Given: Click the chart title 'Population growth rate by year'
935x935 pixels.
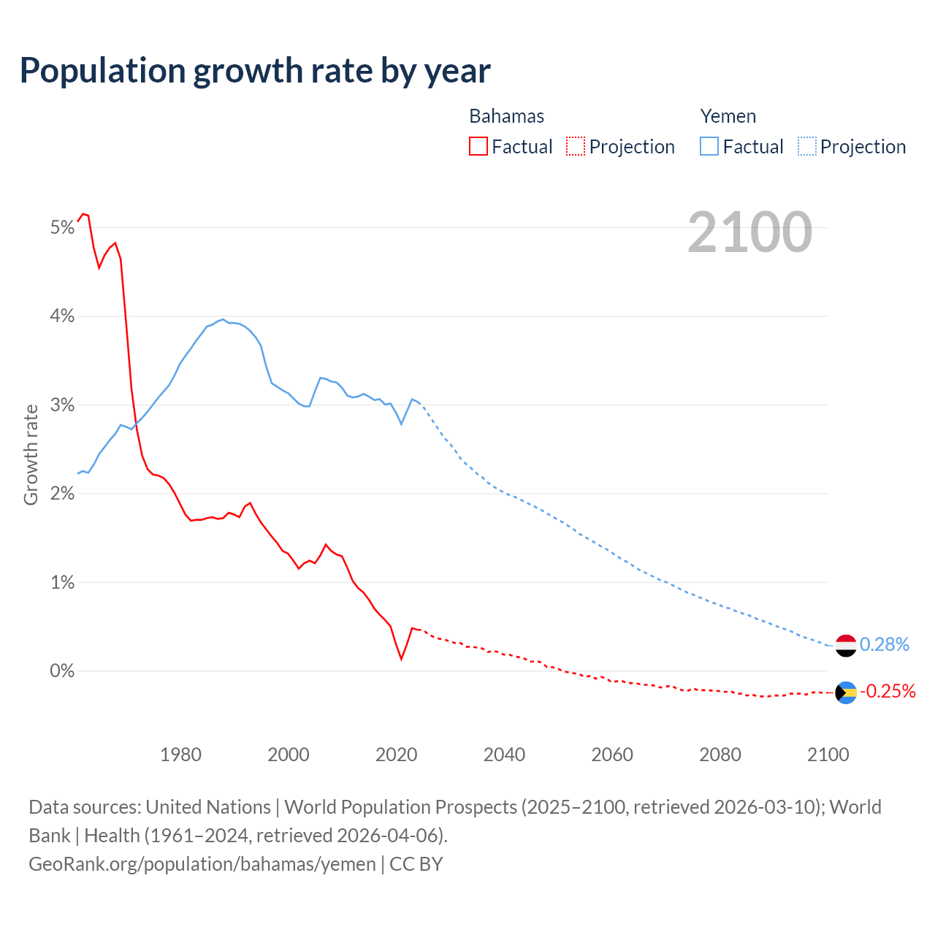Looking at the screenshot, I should (255, 71).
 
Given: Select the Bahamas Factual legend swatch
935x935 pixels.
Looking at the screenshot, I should (478, 146).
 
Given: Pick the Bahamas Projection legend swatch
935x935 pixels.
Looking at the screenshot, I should (576, 146).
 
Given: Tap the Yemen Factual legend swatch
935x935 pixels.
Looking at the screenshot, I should (709, 146).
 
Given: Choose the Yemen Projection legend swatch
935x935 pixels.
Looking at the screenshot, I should (807, 146).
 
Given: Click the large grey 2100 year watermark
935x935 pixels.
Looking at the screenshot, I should (749, 232).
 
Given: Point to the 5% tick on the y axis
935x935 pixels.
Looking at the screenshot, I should (62, 228).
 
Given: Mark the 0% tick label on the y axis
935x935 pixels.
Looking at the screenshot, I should (62, 671).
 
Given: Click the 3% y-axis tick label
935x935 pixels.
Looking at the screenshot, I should (62, 405).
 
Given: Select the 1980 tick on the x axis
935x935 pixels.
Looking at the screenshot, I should (180, 755).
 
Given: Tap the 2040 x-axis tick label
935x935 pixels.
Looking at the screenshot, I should (504, 755).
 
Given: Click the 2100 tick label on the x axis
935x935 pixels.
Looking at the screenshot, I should (828, 755).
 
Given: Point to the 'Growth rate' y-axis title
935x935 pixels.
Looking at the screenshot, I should (31, 454).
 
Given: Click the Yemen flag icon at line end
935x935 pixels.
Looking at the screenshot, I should (845, 646).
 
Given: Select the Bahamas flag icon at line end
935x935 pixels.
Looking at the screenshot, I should (845, 692).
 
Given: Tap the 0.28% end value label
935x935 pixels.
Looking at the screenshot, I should (884, 644).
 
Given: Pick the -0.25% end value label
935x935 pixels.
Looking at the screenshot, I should (887, 691).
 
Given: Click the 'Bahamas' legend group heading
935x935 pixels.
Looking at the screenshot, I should (506, 116).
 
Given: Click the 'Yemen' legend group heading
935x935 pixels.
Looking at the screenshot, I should (728, 116).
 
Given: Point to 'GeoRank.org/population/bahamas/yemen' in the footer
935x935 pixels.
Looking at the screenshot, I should (202, 863).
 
